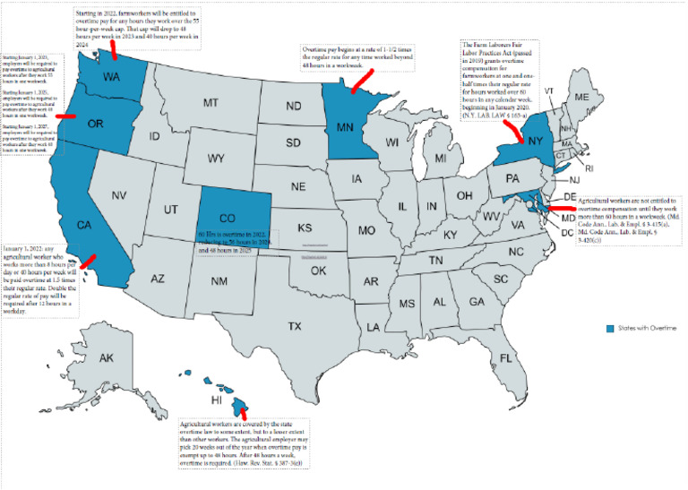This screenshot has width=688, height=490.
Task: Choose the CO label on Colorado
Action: click(x=227, y=217)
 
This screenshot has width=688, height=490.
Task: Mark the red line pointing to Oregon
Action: click(x=65, y=116)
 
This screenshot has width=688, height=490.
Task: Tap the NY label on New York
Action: click(x=537, y=141)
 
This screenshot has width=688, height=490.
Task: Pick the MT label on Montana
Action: click(x=211, y=103)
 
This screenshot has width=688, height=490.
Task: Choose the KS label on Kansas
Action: click(x=304, y=228)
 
